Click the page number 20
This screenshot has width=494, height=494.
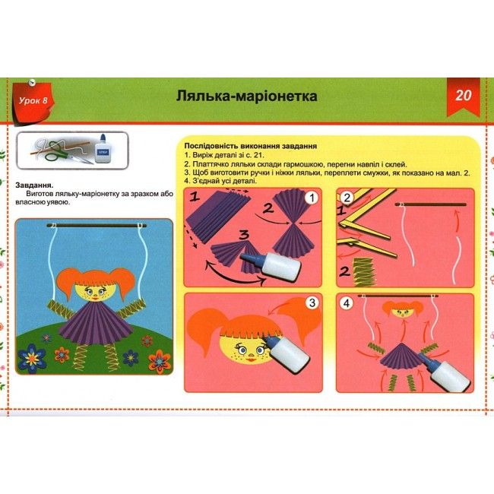(464, 95)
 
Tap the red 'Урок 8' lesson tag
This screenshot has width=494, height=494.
(33, 101)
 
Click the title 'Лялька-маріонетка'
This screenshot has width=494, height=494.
(246, 96)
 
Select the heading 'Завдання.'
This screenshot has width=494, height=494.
(35, 185)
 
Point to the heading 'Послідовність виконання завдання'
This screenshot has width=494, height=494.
(251, 146)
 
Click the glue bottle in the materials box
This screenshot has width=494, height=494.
(103, 149)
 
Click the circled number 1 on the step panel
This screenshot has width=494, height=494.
(312, 198)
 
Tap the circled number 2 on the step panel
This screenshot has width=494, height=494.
(347, 198)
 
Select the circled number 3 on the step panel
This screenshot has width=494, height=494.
(312, 303)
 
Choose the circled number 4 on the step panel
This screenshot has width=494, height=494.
(347, 303)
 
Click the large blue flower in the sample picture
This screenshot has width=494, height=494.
(31, 359)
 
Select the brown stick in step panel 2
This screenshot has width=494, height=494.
(431, 204)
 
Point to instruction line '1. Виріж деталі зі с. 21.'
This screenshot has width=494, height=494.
(224, 155)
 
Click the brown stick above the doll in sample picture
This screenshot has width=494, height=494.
(97, 226)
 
